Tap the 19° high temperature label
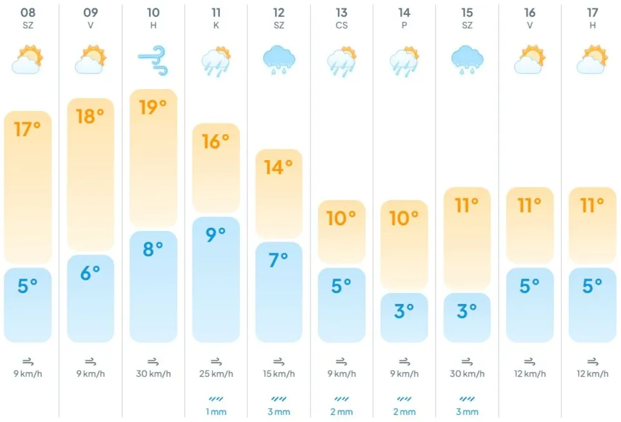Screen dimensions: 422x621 pos(153,107)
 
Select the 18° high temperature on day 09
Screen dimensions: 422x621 pos(90,116)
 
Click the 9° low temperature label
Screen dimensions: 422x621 pos(216,234)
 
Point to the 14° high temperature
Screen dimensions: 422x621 pos(279,167)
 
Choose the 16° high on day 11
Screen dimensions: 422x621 pos(216,141)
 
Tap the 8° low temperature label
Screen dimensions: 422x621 pos(153,248)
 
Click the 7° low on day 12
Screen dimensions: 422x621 pos(279,259)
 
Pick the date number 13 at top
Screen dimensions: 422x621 pos(341,13)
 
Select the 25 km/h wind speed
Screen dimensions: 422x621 pos(216,374)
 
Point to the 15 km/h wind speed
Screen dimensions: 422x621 pos(279,374)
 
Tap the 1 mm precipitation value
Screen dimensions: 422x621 pos(216,412)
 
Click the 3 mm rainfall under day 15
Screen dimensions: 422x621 pos(467,412)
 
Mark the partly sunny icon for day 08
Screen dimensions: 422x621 pos(27,59)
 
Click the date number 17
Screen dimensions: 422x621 pos(593,13)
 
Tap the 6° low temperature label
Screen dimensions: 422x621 pos(90,273)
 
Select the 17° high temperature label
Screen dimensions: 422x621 pos(27,129)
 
